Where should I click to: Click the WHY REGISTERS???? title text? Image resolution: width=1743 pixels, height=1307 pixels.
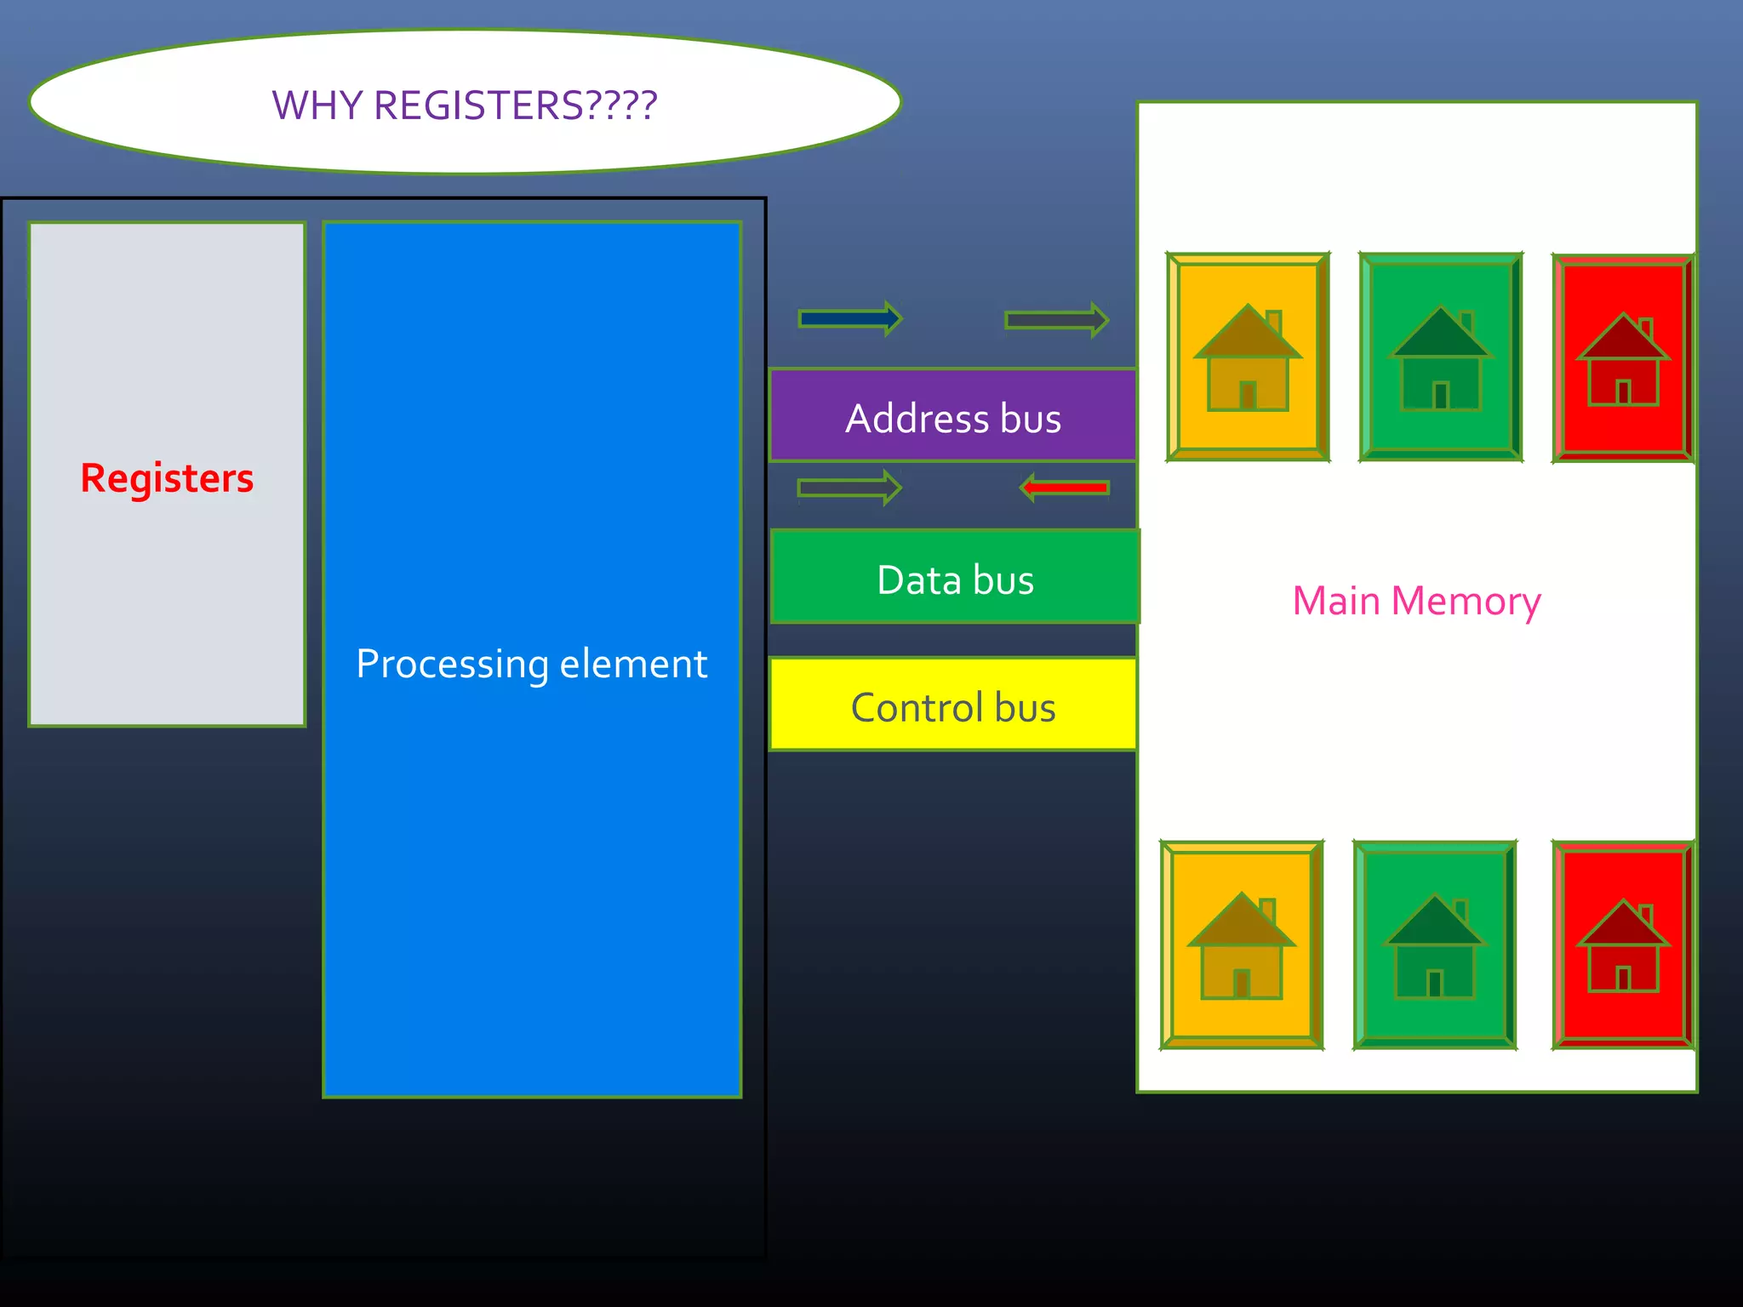point(464,106)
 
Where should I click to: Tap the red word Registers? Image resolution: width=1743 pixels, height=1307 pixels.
point(167,477)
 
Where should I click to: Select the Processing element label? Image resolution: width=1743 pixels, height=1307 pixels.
point(531,664)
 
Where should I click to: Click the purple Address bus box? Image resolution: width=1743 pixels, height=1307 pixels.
point(953,417)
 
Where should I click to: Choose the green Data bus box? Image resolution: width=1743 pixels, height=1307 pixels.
point(955,579)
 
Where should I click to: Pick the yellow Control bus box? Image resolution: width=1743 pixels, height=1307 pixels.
point(953,706)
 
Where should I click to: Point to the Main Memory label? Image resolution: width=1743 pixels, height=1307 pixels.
point(1416,601)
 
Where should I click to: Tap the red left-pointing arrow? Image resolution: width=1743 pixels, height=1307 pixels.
point(1064,488)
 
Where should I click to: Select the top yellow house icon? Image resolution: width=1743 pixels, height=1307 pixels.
point(1248,357)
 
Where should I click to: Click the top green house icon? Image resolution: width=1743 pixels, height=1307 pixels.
point(1440,357)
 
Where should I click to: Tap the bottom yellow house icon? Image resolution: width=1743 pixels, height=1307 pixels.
point(1242,945)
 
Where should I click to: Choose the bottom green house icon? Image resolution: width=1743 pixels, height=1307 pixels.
point(1435,945)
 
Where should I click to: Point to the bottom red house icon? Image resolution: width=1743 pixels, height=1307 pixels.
point(1623,945)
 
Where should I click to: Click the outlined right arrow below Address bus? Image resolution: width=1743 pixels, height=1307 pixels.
point(849,488)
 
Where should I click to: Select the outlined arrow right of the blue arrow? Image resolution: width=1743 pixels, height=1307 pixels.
point(1056,320)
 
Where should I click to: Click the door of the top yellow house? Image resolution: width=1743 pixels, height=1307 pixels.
point(1249,395)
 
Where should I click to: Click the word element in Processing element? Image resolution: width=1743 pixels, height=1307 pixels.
point(633,664)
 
